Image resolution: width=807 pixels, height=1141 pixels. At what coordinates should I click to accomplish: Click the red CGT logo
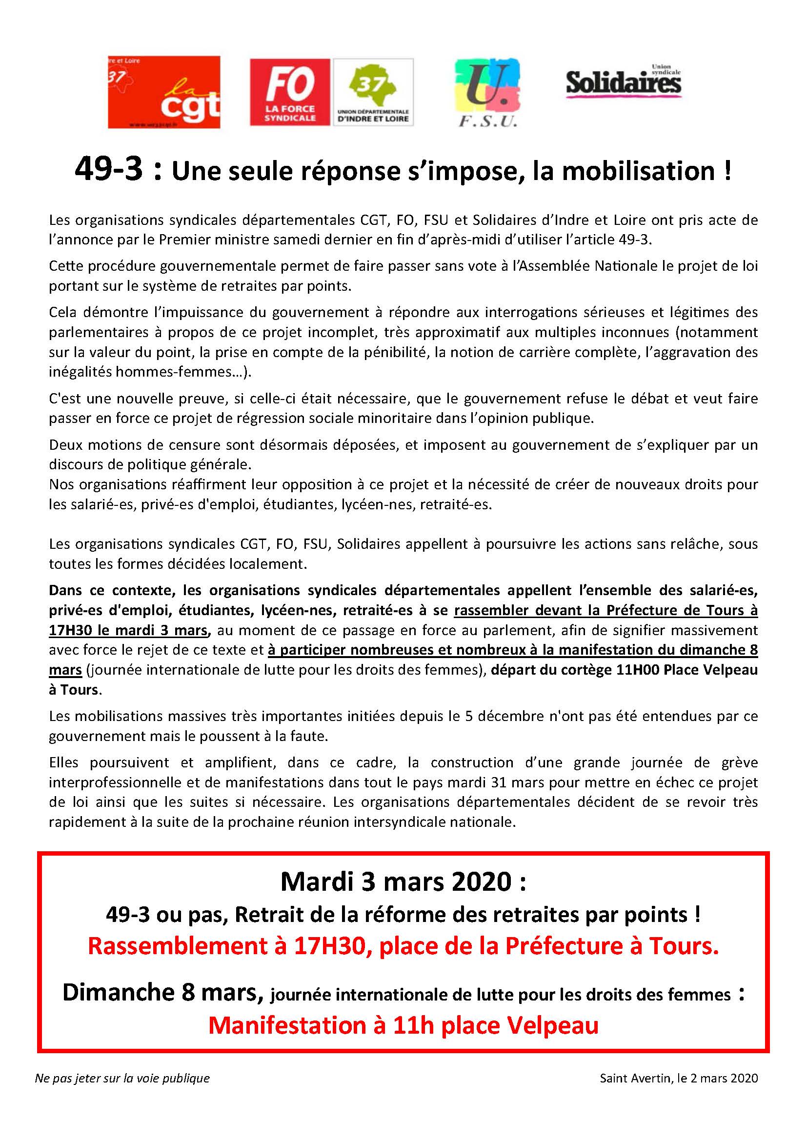coord(164,92)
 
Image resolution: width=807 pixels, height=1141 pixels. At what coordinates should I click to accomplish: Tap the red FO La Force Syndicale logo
coord(290,92)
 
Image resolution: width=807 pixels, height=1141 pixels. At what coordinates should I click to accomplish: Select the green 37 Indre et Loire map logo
coord(373,92)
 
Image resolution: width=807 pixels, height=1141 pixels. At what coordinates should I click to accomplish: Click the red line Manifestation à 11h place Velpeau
coord(403,1025)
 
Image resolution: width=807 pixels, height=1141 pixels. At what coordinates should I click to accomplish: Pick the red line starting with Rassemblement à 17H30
coord(403,946)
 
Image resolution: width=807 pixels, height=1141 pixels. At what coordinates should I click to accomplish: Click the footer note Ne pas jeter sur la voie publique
coord(122,1078)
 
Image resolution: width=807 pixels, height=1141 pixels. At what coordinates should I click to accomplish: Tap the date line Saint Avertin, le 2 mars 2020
coord(679,1078)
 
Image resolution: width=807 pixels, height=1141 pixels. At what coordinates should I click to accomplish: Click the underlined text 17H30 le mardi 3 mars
coord(128,630)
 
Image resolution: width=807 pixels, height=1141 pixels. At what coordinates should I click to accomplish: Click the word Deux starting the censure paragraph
coord(64,444)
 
